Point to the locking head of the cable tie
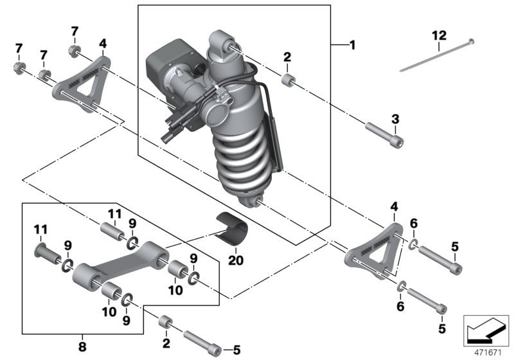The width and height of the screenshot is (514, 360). (472, 42)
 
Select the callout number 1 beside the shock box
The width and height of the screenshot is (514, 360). (351, 46)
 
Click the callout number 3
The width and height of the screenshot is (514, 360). (395, 119)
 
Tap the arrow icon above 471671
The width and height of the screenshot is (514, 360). (484, 328)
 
